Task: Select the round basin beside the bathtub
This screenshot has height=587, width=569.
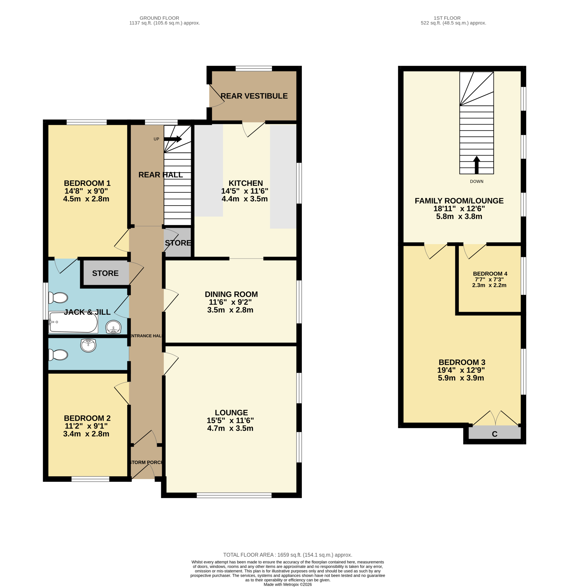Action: click(114, 327)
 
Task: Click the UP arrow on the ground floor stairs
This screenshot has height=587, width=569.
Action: click(173, 139)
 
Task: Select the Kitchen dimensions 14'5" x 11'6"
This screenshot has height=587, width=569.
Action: click(245, 191)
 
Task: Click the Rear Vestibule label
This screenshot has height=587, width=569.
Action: click(254, 96)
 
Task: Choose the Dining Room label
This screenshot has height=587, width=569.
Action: click(231, 294)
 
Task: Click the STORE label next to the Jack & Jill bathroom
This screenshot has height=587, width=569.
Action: click(105, 273)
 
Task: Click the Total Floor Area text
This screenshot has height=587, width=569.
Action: click(288, 555)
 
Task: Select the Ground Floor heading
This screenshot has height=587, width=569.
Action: click(159, 18)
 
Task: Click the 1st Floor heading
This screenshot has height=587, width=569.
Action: click(447, 18)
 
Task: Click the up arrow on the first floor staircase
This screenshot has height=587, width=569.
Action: click(477, 165)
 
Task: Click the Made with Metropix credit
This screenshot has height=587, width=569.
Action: click(288, 584)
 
